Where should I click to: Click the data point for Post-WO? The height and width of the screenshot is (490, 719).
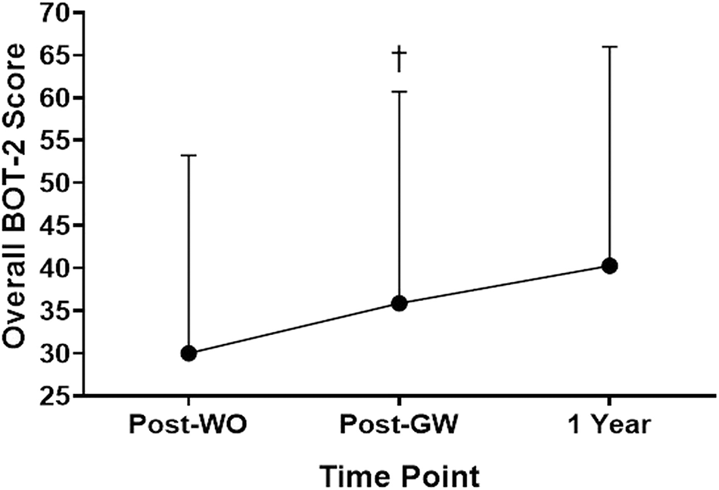(189, 353)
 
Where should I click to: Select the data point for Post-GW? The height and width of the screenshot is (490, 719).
(400, 303)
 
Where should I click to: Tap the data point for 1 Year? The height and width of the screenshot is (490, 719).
(609, 265)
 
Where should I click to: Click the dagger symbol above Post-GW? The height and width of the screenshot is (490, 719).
(400, 60)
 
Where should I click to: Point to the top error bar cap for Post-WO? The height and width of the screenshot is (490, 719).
(189, 155)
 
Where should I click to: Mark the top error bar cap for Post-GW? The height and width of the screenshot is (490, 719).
(400, 91)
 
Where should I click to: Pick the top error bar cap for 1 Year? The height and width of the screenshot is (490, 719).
(609, 47)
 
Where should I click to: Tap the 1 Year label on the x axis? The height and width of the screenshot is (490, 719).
(609, 425)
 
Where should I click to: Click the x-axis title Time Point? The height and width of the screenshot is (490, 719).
(399, 476)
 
